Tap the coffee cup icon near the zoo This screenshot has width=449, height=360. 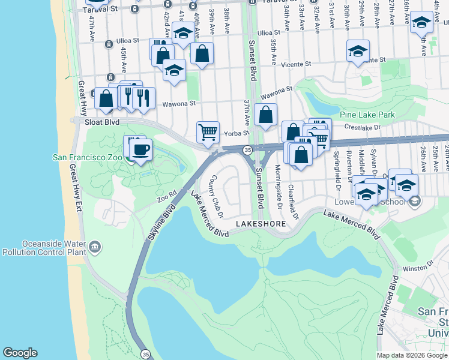point(140,150)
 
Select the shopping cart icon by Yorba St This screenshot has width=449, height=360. point(208,131)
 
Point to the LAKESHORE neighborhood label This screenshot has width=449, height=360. point(259,223)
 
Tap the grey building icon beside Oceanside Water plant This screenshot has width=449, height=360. point(95,247)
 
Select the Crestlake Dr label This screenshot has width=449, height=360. point(363,127)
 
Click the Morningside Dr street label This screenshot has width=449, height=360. point(278,184)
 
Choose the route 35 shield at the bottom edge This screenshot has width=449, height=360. point(145,354)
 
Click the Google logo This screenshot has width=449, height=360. point(20,353)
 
